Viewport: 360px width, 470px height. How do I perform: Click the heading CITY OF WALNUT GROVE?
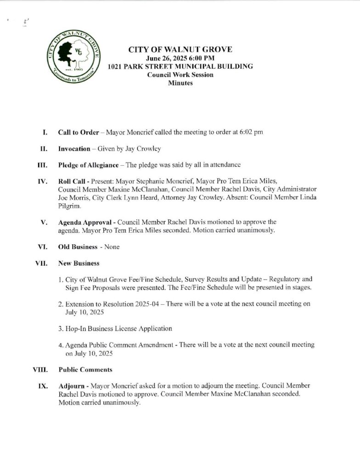[180, 50]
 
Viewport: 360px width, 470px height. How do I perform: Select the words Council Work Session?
[180, 75]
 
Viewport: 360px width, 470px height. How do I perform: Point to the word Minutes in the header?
[180, 83]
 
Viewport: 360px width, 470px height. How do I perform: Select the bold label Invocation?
[73, 149]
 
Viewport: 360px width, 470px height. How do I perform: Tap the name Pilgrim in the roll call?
[69, 207]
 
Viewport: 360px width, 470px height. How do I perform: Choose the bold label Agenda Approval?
[84, 223]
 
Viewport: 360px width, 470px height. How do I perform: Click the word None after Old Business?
[112, 247]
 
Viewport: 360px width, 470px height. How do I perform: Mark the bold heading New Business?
[79, 263]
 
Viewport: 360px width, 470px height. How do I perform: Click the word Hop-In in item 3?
[76, 329]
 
